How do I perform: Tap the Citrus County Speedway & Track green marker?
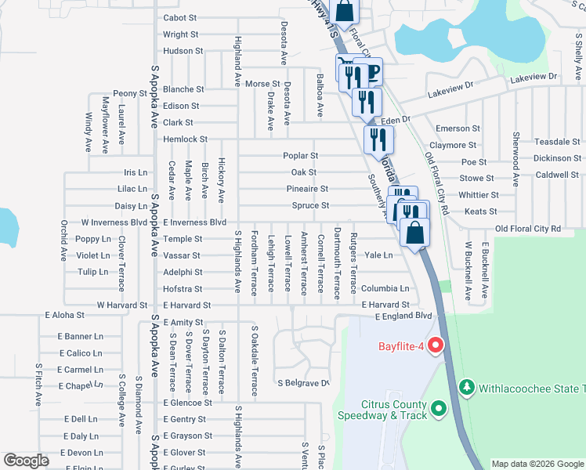pos(438,409)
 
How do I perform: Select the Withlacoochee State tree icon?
pos(467,387)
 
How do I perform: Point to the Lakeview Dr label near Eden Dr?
pos(450,92)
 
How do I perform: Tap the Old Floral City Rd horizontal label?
pos(528,229)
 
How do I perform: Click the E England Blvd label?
pos(403,316)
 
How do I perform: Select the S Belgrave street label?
pos(301,383)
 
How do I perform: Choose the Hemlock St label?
pos(184,139)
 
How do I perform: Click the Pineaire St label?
pos(307,189)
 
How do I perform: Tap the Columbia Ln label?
pos(385,288)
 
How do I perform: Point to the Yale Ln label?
pos(378,255)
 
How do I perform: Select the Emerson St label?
pos(458,128)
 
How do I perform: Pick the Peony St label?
pos(130,93)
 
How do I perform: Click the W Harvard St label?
pos(122,305)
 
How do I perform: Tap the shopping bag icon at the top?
pos(344,11)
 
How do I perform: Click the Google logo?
pos(26,461)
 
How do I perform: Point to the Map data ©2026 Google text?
pos(537,464)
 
